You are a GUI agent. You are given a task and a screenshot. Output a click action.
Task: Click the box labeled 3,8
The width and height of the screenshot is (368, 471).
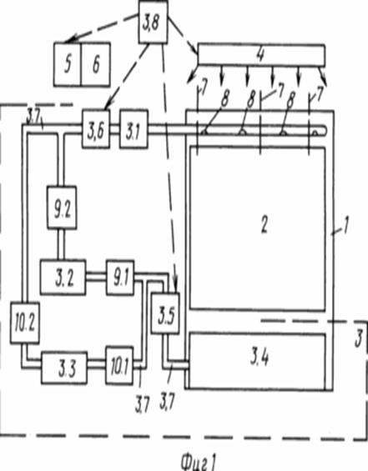click(x=153, y=23)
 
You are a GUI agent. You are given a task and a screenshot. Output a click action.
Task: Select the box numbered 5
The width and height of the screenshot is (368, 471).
click(x=68, y=64)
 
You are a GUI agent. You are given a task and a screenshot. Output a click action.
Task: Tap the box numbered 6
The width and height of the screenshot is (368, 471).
click(x=96, y=64)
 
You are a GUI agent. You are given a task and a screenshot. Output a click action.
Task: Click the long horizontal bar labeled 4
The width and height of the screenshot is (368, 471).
click(x=261, y=55)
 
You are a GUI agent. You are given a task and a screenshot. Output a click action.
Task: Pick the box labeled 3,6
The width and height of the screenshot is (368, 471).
click(x=96, y=129)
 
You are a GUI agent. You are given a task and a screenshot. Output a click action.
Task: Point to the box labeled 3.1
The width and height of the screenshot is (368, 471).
click(x=134, y=129)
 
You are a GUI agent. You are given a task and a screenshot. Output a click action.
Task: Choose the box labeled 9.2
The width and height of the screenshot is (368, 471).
click(x=62, y=208)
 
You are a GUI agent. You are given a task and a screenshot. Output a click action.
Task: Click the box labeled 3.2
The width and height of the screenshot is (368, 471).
click(x=63, y=278)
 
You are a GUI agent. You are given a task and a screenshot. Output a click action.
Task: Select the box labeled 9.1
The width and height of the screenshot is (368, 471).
click(x=120, y=278)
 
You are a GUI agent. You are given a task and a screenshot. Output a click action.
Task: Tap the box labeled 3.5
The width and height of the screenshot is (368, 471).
click(x=165, y=313)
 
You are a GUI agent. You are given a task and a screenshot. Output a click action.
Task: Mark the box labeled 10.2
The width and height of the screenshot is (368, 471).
click(x=25, y=323)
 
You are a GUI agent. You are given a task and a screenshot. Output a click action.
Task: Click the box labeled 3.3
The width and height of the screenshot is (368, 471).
click(x=64, y=368)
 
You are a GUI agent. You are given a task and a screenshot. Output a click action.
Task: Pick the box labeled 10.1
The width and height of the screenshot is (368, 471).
click(x=119, y=366)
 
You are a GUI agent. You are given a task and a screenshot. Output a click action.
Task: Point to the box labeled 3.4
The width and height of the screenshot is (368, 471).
click(x=257, y=360)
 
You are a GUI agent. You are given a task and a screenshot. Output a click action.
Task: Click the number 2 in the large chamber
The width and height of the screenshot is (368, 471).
click(x=264, y=225)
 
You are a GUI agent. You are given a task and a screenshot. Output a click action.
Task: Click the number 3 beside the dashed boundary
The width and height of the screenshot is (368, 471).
click(x=358, y=338)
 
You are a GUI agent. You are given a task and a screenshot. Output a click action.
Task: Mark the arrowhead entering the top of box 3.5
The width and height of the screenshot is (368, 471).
click(x=175, y=286)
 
